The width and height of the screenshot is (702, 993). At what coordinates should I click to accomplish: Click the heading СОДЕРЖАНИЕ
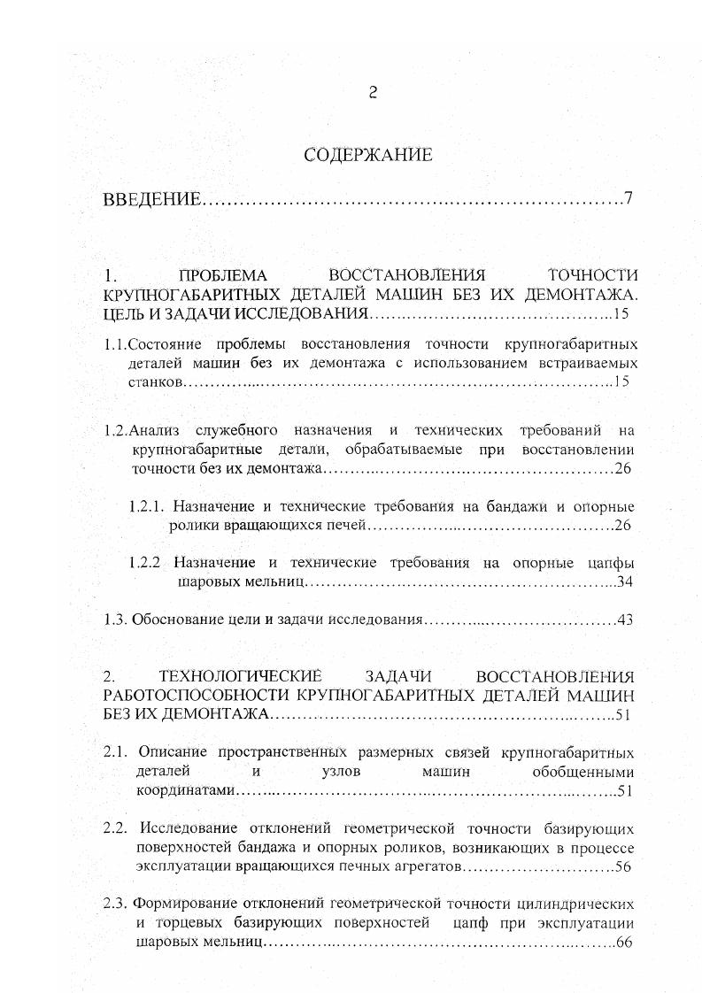tap(368, 156)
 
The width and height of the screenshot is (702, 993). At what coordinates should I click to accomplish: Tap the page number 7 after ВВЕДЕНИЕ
tap(628, 198)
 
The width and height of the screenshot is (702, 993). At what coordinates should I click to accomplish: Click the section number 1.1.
tap(116, 343)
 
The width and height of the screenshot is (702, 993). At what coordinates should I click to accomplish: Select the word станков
tap(158, 382)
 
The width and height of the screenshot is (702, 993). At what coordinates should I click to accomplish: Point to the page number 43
tap(626, 620)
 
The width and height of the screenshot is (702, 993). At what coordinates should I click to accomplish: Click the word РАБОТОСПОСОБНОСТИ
tap(200, 695)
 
